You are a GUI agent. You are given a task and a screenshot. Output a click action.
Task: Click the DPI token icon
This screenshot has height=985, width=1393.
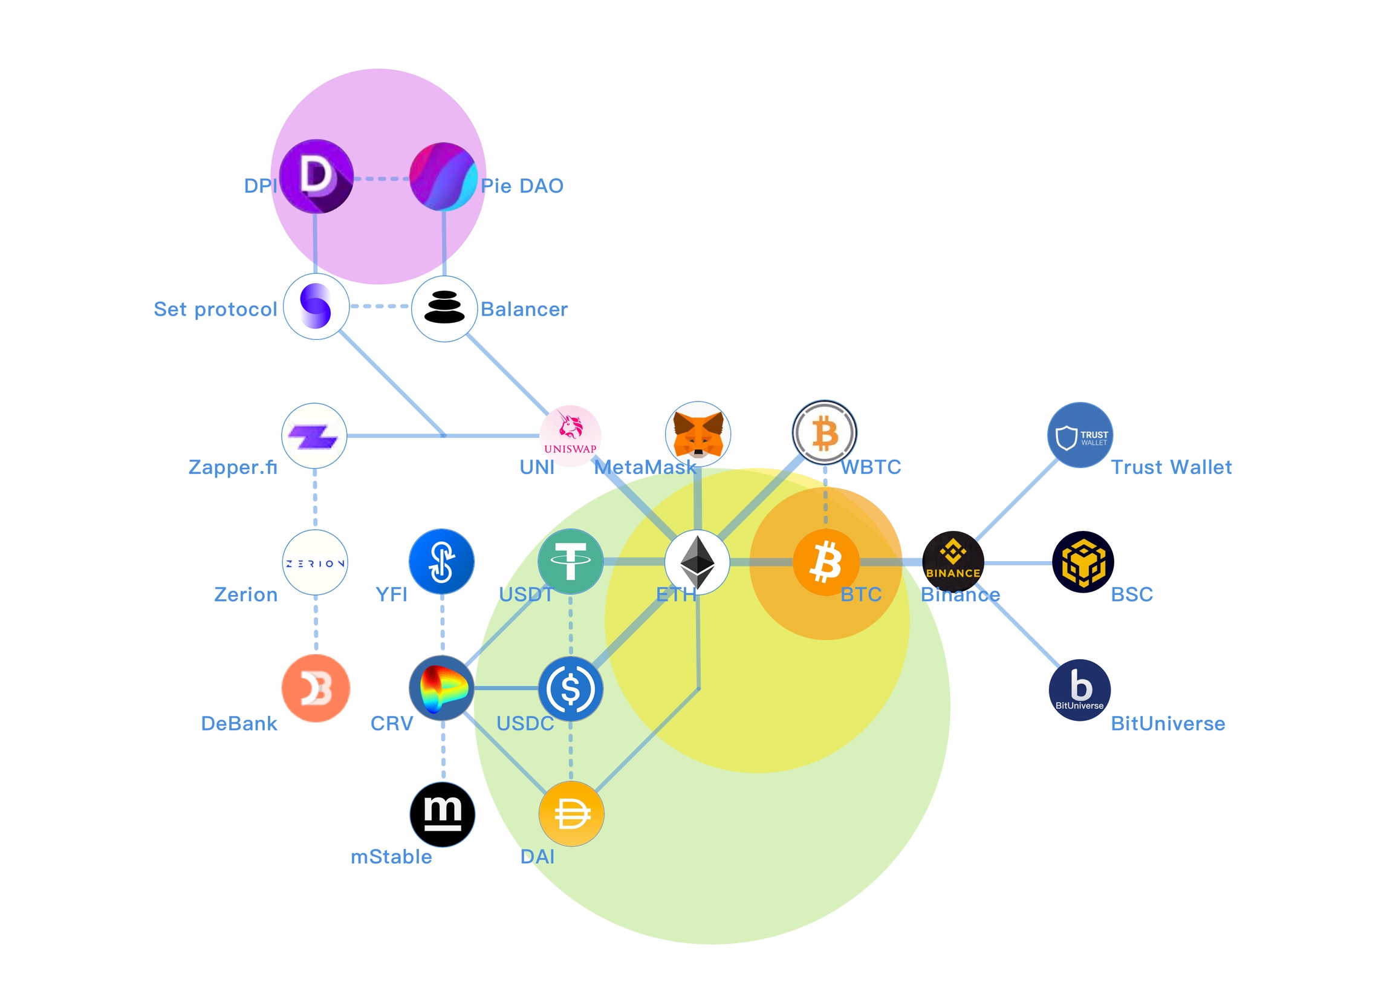(316, 177)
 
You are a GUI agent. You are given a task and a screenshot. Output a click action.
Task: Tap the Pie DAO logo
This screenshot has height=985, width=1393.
(443, 177)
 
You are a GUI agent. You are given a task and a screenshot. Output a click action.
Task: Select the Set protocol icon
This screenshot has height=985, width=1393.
(316, 307)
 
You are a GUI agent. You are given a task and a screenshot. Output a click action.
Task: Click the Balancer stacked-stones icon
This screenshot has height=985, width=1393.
(444, 308)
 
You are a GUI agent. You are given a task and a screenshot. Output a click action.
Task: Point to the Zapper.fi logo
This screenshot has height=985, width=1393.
(314, 436)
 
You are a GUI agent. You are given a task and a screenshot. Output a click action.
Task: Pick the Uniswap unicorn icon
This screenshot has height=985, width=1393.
(570, 436)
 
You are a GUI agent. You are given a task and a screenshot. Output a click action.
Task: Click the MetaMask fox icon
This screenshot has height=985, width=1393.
(698, 434)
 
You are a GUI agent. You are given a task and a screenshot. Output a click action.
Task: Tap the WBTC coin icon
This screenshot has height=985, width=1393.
(825, 433)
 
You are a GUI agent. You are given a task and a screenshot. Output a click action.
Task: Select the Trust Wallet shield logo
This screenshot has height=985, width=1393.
(1080, 435)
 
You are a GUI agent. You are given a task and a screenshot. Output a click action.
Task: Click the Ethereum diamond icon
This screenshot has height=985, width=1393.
(697, 562)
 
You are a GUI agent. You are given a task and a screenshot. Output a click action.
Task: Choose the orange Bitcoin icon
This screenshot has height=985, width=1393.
(826, 562)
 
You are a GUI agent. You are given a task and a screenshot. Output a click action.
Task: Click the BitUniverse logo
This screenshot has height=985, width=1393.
(1080, 690)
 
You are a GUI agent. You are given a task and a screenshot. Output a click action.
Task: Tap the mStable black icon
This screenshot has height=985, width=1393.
(443, 814)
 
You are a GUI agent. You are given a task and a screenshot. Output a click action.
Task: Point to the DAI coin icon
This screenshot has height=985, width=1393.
(571, 814)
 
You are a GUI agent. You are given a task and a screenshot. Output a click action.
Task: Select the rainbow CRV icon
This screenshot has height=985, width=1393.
(442, 688)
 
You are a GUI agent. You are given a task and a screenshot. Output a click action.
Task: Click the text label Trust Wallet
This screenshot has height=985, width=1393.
(1171, 467)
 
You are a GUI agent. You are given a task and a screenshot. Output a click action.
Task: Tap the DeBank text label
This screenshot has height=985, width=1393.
(239, 724)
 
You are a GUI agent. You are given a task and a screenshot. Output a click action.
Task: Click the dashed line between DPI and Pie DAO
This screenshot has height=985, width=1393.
(381, 178)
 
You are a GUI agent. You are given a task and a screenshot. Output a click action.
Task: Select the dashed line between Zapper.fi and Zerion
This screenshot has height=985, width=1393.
(315, 499)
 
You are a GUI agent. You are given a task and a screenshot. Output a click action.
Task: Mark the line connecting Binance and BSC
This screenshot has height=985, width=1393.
(1018, 563)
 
